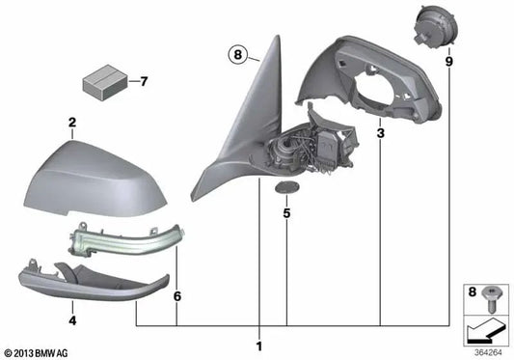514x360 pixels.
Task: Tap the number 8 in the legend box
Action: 473,290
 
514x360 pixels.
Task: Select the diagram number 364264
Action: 486,350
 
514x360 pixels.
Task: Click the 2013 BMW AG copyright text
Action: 39,351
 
